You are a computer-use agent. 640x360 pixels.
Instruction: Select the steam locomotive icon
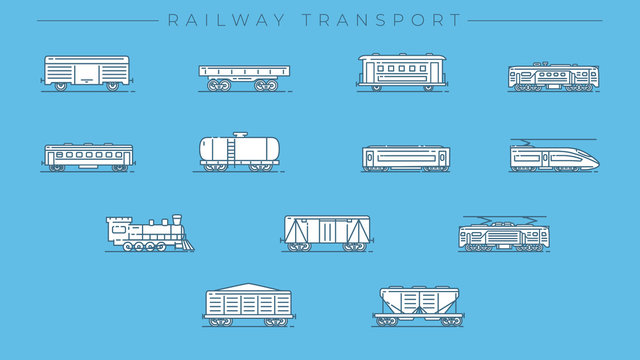pos(149,232)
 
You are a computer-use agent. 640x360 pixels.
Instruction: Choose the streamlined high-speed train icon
pos(553,157)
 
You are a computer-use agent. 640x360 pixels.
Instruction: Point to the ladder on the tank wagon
pos(232,151)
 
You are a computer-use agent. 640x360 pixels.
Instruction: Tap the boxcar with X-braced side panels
pos(326,232)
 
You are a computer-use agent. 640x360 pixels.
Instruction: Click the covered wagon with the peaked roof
pos(246,304)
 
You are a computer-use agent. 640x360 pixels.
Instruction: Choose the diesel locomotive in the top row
pos(552,77)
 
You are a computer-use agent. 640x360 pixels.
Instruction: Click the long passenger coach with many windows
pos(88,156)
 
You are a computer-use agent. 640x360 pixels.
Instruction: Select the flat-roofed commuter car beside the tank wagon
pos(405,158)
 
